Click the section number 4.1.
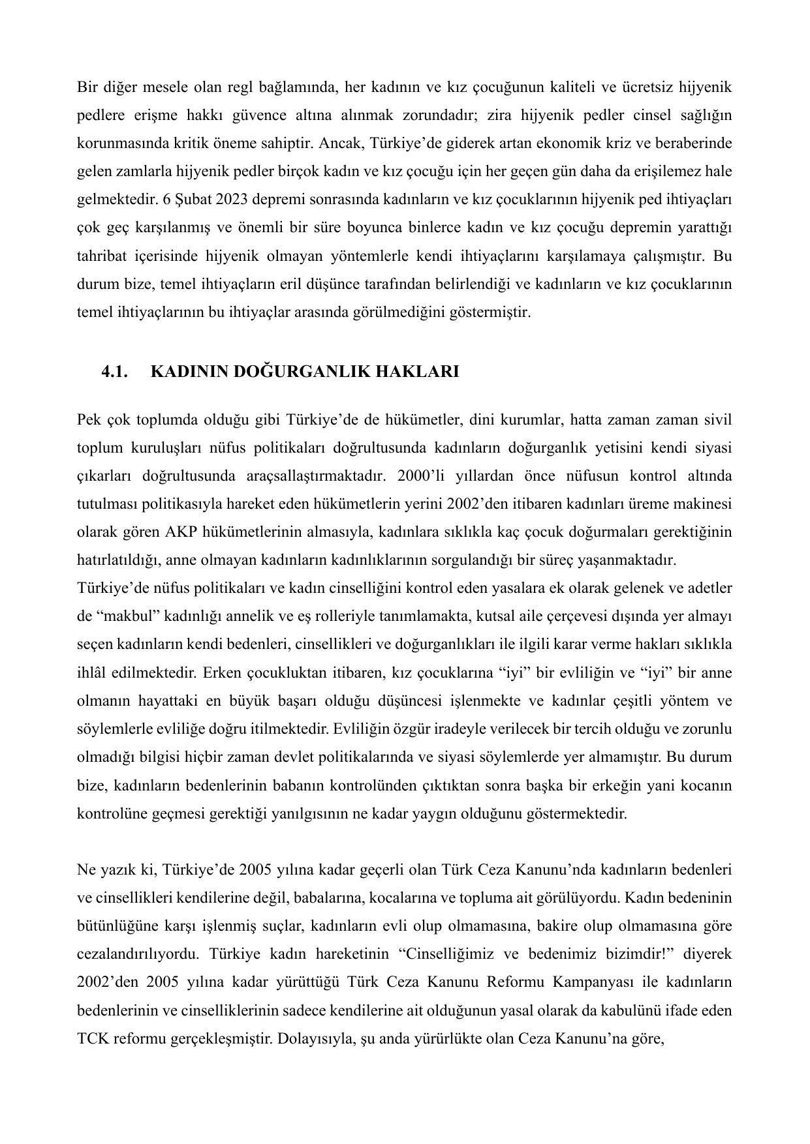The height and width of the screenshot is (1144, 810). click(114, 372)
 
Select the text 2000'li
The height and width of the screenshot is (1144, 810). click(420, 476)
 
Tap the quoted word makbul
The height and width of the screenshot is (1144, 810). click(129, 616)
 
